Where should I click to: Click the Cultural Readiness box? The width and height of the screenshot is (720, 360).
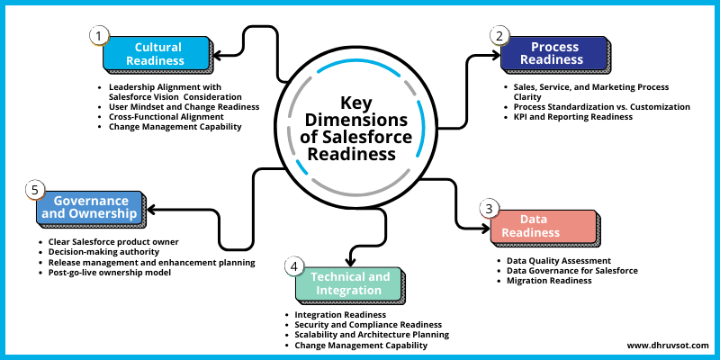click(x=157, y=54)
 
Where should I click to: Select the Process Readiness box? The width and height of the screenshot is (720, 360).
click(x=554, y=53)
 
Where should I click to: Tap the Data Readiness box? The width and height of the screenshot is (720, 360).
click(x=543, y=226)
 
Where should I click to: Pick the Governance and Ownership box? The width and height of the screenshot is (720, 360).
click(x=90, y=208)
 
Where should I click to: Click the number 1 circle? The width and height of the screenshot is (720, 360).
click(x=98, y=35)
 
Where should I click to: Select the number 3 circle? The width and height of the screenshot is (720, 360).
click(x=488, y=209)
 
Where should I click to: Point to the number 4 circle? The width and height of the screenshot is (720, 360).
click(x=293, y=265)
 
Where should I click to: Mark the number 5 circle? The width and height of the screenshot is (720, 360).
click(x=34, y=190)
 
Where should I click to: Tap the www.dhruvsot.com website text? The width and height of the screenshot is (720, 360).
click(x=668, y=344)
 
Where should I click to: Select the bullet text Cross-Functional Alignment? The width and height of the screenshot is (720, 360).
click(x=167, y=116)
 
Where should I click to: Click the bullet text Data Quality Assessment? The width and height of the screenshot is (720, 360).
click(x=559, y=260)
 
